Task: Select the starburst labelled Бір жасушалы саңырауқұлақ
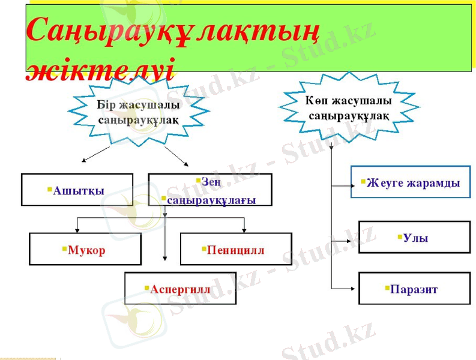(x=138, y=112)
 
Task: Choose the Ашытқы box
(x=77, y=190)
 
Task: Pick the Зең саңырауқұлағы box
(x=209, y=190)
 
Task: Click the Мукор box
(x=85, y=249)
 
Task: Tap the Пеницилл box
(x=236, y=249)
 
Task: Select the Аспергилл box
(x=180, y=289)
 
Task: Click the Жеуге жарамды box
(x=411, y=182)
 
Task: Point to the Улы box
(x=414, y=238)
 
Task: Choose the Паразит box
(x=414, y=289)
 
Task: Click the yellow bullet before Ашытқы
(x=50, y=189)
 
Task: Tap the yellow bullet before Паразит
(x=387, y=288)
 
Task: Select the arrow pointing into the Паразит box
(x=354, y=289)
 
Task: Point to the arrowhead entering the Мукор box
(x=77, y=230)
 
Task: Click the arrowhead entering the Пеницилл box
(x=244, y=230)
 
